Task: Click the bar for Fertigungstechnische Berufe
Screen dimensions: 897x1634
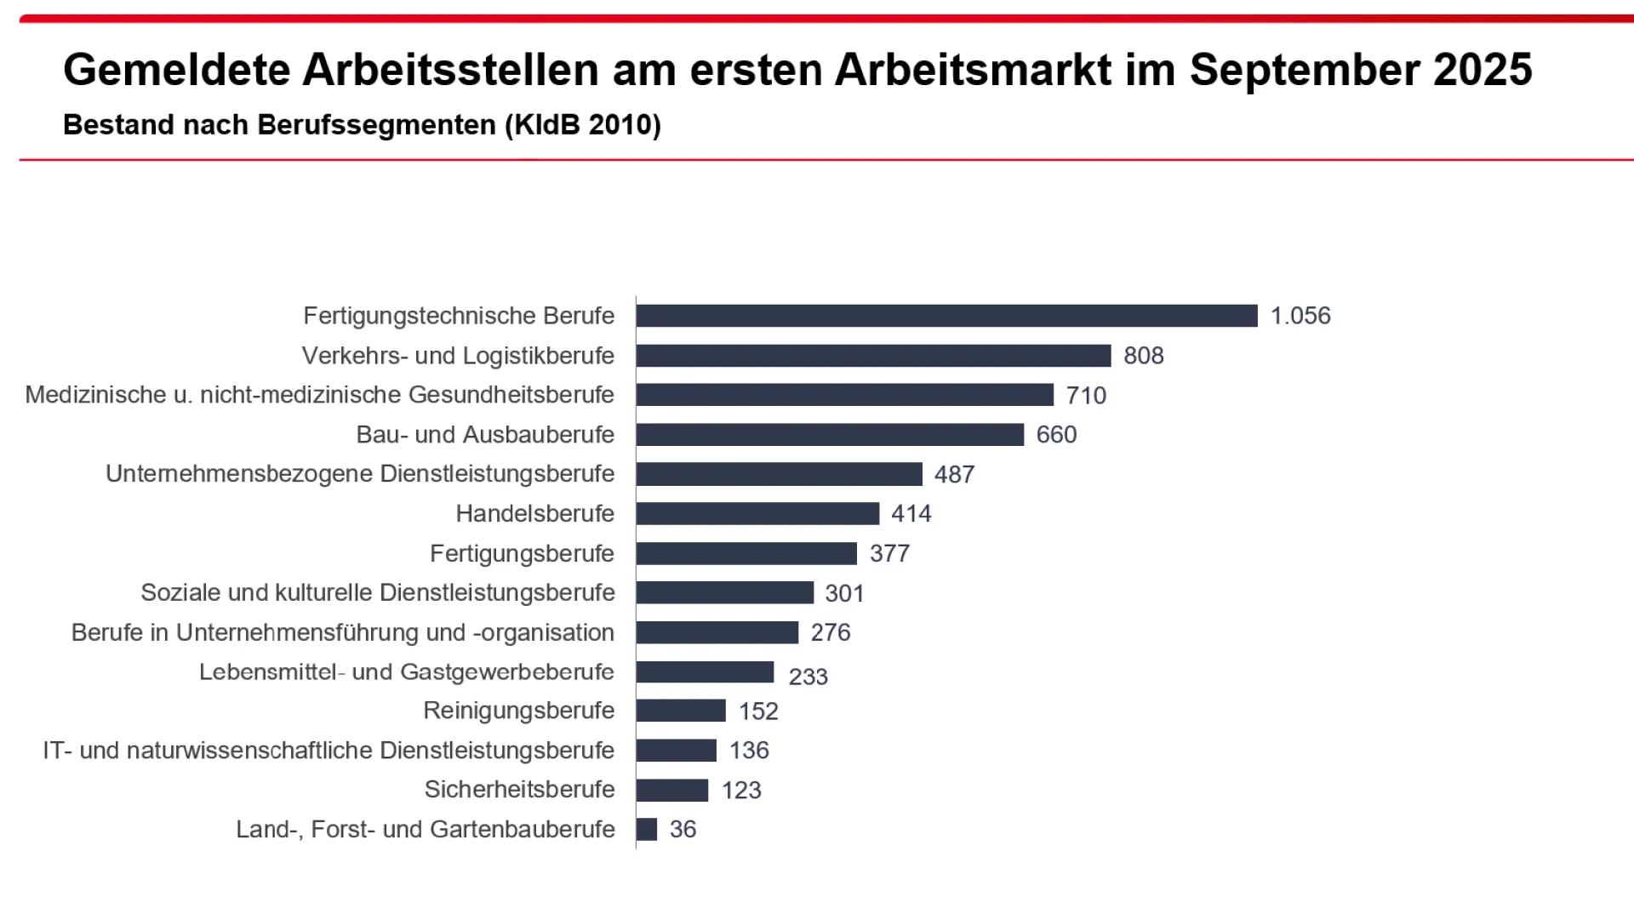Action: tap(946, 316)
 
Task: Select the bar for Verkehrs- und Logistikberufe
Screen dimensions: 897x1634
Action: tap(873, 356)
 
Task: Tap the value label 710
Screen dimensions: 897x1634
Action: tap(1086, 396)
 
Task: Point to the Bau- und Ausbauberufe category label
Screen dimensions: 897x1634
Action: tap(485, 435)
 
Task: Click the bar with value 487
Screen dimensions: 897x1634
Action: tap(779, 474)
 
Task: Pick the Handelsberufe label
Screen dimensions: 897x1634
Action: tap(534, 514)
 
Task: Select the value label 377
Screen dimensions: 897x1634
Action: tap(889, 554)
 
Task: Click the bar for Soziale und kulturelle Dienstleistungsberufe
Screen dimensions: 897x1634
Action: tap(724, 593)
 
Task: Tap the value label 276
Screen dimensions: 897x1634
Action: tap(831, 632)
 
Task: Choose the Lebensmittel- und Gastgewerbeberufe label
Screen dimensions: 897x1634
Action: tap(406, 672)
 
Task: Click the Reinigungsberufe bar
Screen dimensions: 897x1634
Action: tap(681, 711)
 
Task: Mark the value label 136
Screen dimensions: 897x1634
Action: tap(749, 751)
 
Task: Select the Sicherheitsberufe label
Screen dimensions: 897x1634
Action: tap(519, 790)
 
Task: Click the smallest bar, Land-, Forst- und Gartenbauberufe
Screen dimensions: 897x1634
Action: tap(647, 829)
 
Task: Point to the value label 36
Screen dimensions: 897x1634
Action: tap(683, 829)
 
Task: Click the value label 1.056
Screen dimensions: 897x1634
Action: tap(1300, 316)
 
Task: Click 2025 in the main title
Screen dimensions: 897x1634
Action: tap(1483, 70)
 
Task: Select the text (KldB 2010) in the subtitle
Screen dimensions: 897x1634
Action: tap(583, 125)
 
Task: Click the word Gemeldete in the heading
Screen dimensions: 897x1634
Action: tap(176, 70)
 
